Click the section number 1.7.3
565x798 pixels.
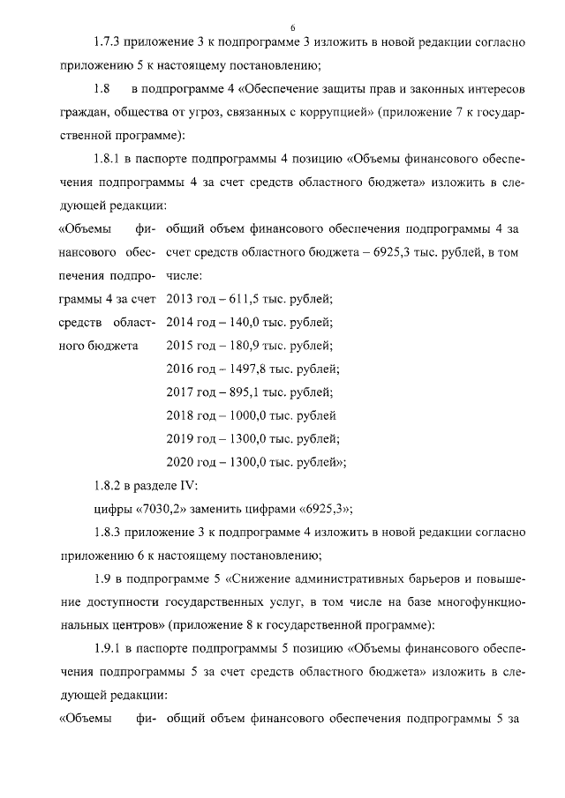tap(110, 42)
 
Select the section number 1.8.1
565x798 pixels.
tap(110, 160)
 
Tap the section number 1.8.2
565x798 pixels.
tap(110, 486)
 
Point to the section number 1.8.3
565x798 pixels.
tap(110, 533)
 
